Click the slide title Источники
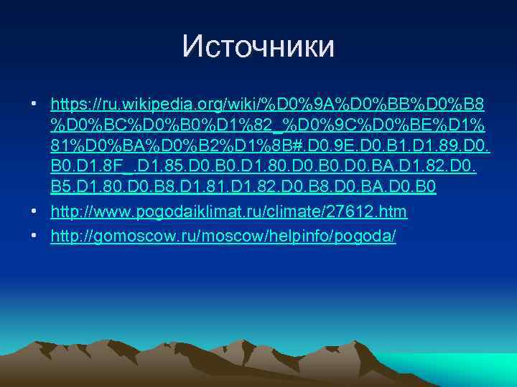258,47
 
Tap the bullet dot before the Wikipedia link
34,105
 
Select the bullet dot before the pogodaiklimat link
34,211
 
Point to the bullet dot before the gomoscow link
34,236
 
